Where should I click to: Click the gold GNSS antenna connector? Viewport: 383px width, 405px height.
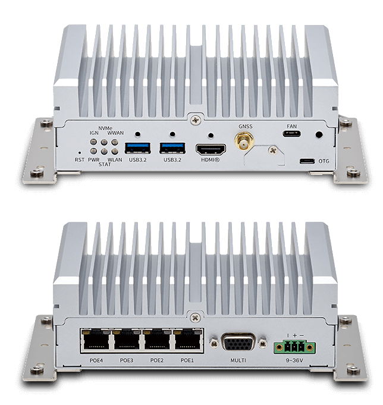244,141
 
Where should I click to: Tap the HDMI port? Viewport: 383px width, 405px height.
211,149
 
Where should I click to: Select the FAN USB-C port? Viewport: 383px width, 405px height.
291,134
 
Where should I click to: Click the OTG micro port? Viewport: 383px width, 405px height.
307,161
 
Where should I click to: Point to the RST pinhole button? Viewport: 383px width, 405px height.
79,153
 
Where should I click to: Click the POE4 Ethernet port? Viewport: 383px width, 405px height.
96,340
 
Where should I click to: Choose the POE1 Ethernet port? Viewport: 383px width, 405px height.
188,340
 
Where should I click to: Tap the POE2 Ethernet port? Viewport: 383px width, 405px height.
157,340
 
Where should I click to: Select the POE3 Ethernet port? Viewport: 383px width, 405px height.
127,340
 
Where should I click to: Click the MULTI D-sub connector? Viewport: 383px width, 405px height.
238,343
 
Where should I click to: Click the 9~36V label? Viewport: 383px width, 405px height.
294,360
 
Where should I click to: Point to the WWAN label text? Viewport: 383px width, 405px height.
115,133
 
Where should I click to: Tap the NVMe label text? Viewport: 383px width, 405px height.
105,128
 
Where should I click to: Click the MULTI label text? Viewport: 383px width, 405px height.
238,360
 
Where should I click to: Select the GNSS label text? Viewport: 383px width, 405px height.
246,126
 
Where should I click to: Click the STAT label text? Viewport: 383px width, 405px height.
105,164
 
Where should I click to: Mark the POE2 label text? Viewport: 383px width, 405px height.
157,360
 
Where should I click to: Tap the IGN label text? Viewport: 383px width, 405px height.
94,133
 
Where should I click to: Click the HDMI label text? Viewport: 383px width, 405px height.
211,160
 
